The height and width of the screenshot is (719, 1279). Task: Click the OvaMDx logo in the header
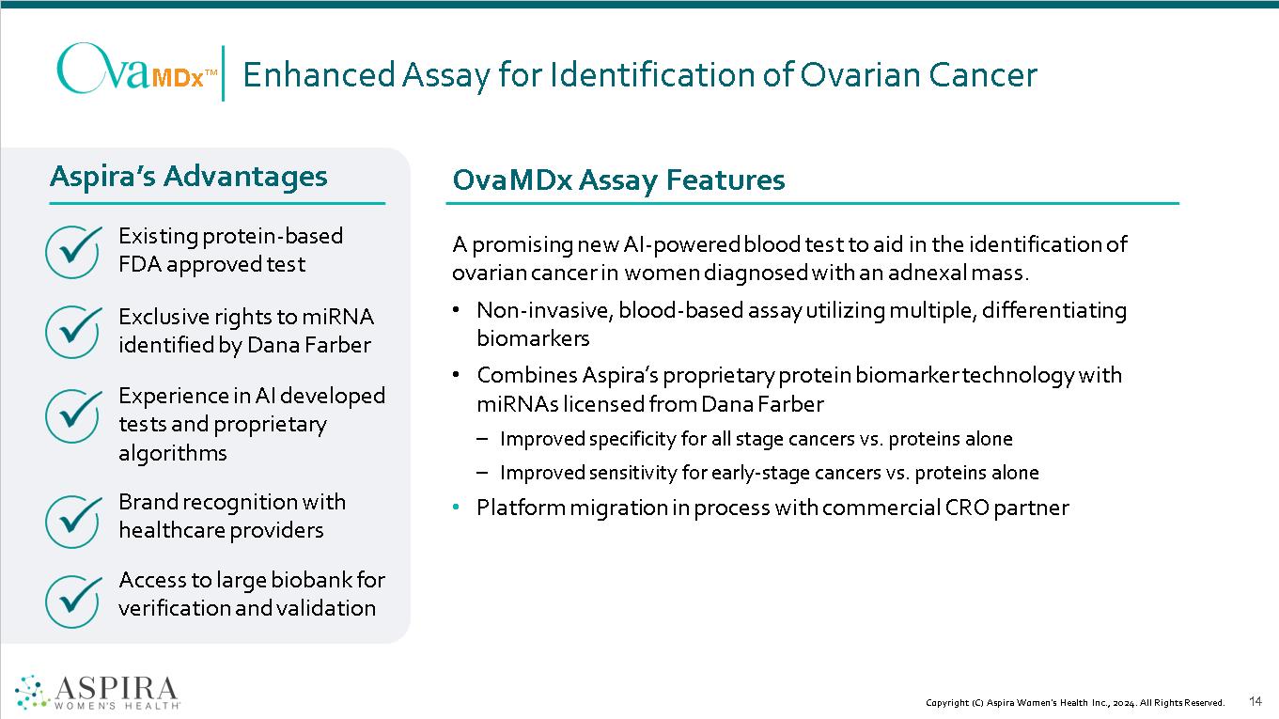137,70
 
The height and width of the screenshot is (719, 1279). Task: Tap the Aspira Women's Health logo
97,691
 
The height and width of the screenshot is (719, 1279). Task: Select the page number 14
1256,701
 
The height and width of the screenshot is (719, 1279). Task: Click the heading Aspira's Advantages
189,176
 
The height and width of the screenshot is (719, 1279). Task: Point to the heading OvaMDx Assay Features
618,180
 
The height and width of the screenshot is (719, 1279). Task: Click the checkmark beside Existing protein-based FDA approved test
73,251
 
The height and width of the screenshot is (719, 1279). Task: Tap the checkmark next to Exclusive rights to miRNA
73,331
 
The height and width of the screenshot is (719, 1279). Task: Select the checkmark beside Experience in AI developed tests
73,415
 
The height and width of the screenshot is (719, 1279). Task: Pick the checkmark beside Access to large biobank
73,602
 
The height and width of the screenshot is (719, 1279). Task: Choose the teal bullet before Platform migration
456,508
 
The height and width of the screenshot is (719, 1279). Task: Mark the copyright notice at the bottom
1075,703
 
